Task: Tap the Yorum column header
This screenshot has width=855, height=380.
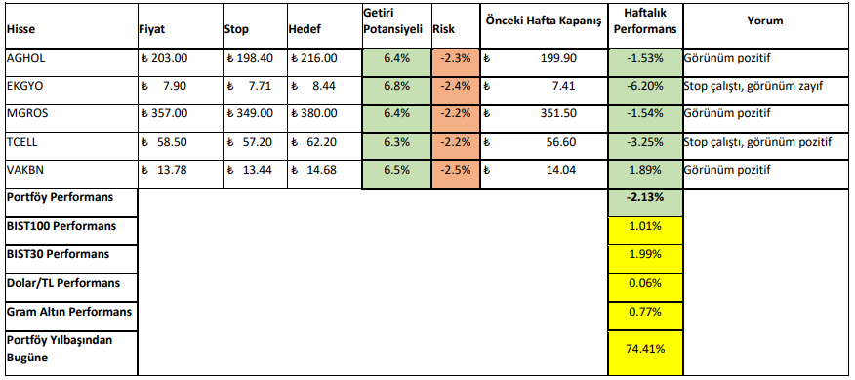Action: (x=764, y=20)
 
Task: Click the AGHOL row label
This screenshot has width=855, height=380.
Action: (x=25, y=58)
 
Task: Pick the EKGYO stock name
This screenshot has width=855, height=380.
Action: (x=25, y=86)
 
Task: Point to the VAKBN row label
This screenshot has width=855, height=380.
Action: (x=25, y=170)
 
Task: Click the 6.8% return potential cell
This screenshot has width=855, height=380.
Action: (x=396, y=86)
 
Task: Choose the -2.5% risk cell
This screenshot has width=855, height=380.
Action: (x=455, y=170)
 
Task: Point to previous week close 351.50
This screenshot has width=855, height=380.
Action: (x=556, y=113)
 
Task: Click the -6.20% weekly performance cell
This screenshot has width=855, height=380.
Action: (x=644, y=86)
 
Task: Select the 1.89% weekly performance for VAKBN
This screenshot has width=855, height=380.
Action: (x=644, y=170)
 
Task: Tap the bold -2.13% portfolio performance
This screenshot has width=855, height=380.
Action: (x=644, y=198)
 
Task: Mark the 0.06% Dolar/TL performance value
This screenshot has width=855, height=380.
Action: (x=644, y=283)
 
